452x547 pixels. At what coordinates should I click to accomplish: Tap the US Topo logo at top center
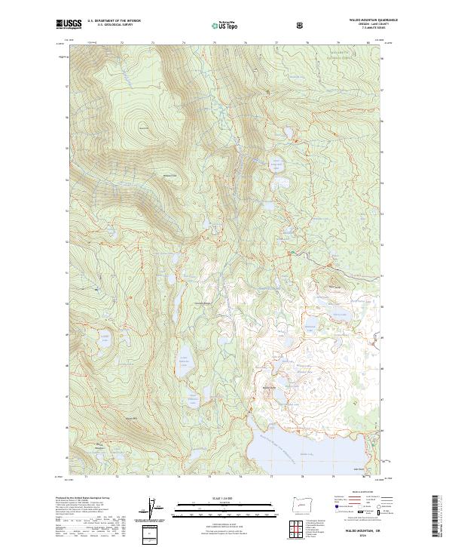click(x=220, y=24)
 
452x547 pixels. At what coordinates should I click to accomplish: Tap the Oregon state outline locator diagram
click(x=300, y=502)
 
